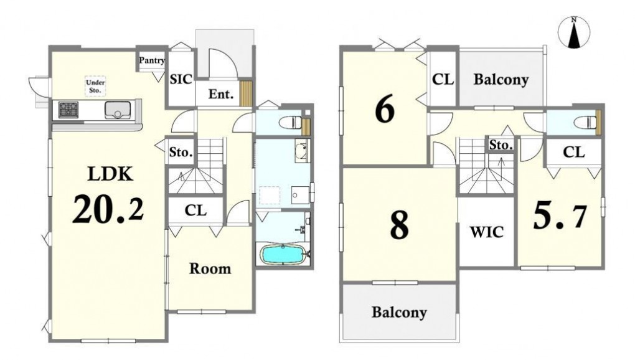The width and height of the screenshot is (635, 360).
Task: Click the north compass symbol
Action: pos(573,33)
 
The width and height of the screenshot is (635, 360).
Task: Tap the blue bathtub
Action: pos(282,255)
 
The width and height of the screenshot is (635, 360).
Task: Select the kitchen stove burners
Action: pos(68,110)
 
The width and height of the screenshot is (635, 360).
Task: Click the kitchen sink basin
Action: pos(118,110)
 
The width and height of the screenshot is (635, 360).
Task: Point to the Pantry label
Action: pos(152,60)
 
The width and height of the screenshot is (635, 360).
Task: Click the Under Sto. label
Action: pos(95,86)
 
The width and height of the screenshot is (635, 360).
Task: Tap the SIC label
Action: pos(181,79)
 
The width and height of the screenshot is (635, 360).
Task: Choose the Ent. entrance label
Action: pos(221,94)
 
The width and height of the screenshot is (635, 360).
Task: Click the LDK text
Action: pos(110,174)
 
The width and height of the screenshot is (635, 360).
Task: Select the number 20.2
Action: pos(108,208)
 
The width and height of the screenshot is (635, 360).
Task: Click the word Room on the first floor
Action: pos(210,268)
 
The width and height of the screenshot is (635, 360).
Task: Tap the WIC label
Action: pos(487,232)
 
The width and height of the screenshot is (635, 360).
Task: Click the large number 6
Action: pos(385,110)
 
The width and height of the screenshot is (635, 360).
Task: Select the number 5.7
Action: pos(559,216)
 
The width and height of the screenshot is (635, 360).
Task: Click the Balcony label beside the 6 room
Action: pos(501,79)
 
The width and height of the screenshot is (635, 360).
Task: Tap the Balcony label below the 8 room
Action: pos(399,312)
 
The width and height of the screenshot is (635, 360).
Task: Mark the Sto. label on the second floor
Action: pos(501,144)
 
